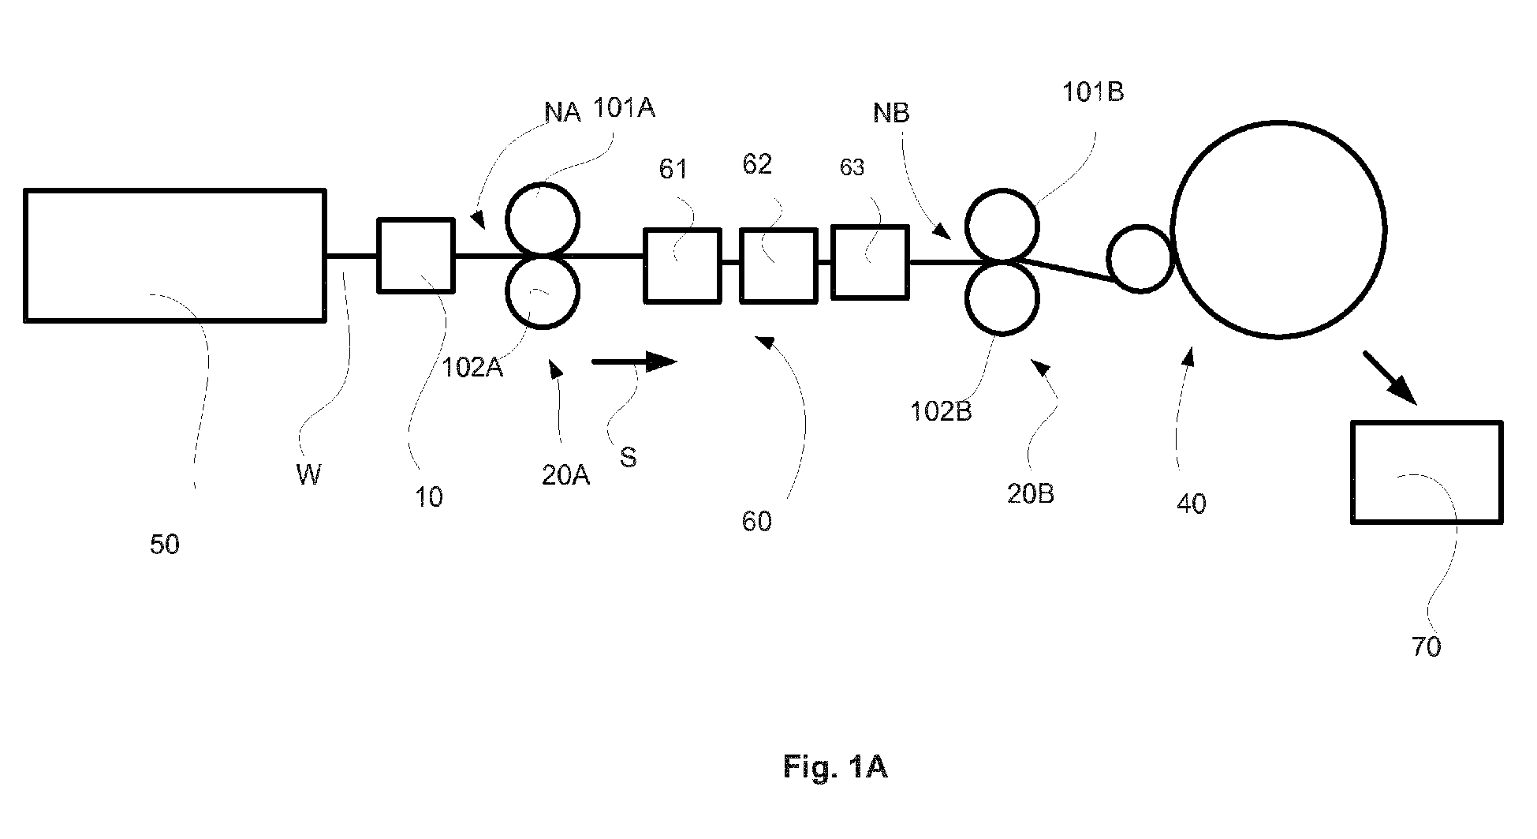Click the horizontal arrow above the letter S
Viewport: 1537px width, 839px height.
tap(635, 361)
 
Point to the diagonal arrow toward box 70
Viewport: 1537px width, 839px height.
tap(1391, 379)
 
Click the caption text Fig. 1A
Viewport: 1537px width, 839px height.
tap(835, 766)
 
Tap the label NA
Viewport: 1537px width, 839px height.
tap(562, 113)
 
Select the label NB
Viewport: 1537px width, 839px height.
tap(891, 114)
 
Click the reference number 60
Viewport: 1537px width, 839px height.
tap(756, 522)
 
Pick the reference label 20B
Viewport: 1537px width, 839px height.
tap(1031, 493)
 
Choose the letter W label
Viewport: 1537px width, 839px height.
tap(308, 474)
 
